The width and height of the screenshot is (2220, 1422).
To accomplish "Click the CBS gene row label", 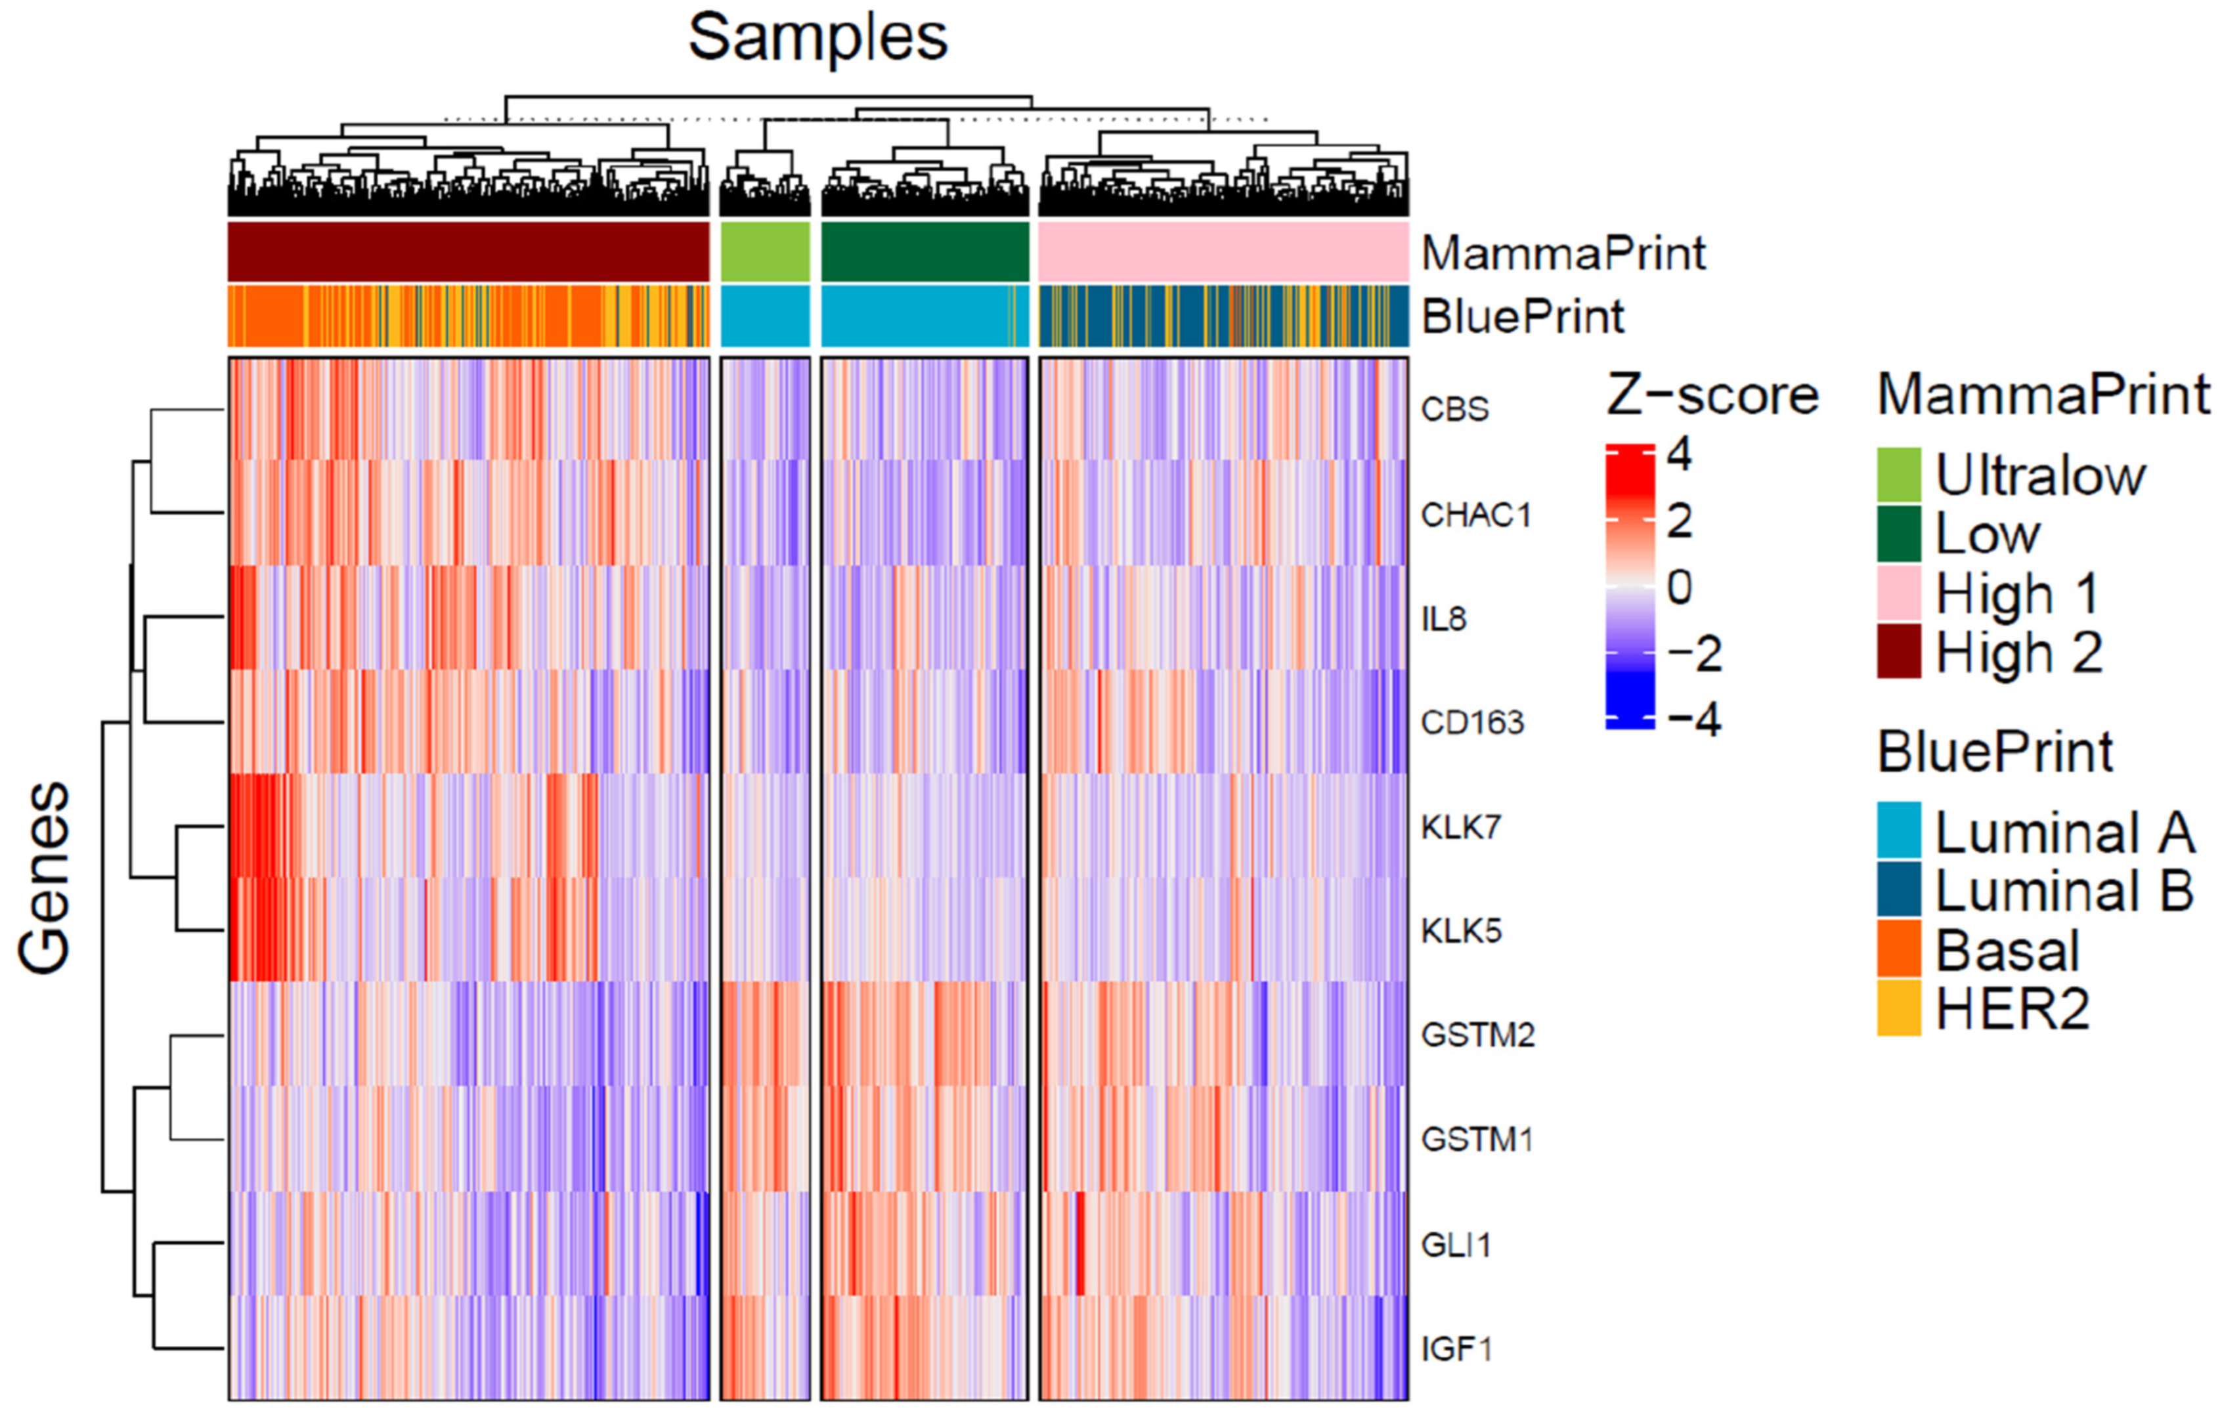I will [x=1454, y=409].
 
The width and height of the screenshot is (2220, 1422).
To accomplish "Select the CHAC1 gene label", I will [x=1475, y=514].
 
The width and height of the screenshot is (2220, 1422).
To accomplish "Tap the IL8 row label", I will [x=1443, y=618].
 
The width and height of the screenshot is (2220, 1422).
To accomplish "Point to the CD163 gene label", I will [x=1472, y=722].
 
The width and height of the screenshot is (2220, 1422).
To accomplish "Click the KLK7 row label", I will [x=1461, y=827].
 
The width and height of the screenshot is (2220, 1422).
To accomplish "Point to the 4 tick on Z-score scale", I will [x=1679, y=455].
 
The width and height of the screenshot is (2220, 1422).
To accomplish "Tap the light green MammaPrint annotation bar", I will [x=765, y=251].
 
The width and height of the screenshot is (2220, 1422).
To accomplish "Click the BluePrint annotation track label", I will [x=1522, y=316].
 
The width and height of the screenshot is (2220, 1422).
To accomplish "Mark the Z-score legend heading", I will [x=1712, y=395].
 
